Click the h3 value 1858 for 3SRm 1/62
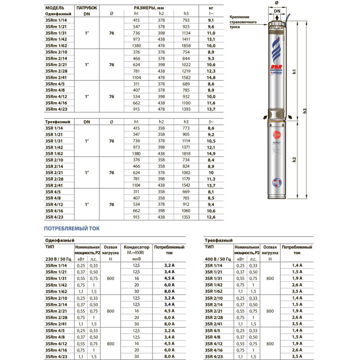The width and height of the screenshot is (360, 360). [184, 46]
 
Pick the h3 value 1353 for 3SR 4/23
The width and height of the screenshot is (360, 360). [184, 217]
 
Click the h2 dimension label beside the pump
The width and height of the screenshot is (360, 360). [293, 159]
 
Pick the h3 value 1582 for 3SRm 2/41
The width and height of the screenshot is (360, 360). [184, 77]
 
